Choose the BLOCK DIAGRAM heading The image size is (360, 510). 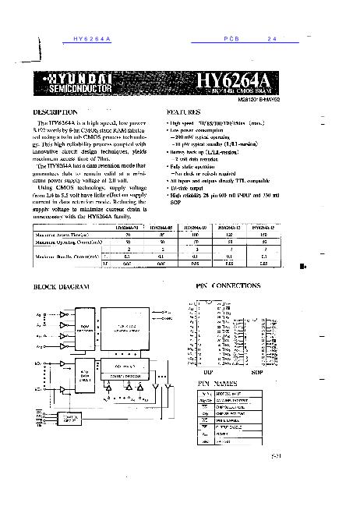62,287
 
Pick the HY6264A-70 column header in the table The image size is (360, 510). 127,227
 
